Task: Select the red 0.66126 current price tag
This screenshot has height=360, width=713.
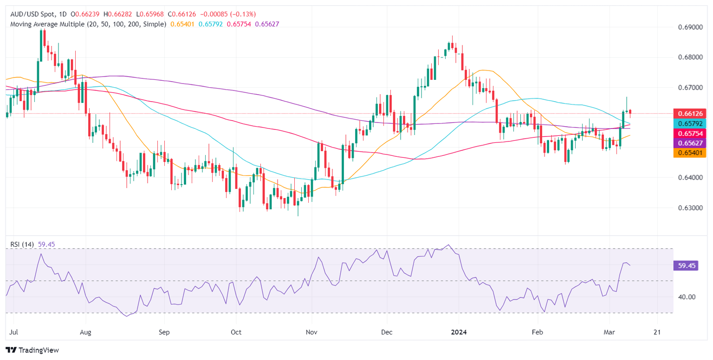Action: pos(689,113)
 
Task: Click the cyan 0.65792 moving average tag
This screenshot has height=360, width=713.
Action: pos(689,123)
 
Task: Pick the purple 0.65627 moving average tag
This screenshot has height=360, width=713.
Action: pos(689,144)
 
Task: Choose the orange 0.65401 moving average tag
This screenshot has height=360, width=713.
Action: pos(689,154)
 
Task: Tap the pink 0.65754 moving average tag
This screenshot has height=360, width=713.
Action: pos(689,134)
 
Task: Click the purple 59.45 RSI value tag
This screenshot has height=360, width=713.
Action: pos(685,265)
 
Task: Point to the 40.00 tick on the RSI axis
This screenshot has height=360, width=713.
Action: pos(685,297)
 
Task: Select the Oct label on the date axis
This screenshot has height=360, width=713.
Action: pos(236,332)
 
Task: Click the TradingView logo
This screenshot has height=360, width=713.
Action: pos(32,350)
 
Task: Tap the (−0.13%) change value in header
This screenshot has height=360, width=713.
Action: pos(253,14)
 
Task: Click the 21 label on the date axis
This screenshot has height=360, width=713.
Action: pos(657,332)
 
